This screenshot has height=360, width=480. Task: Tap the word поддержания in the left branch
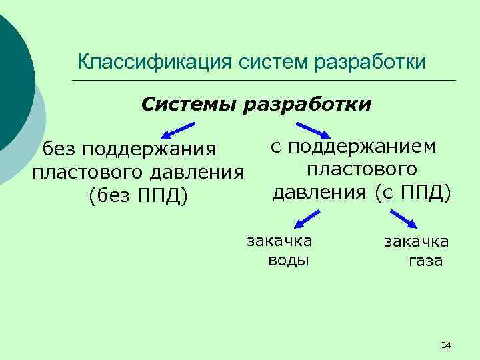coord(150,147)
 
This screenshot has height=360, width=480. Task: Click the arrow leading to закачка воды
coord(307,219)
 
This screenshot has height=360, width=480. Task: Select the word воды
coord(288,259)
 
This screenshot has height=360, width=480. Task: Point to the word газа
coord(425,261)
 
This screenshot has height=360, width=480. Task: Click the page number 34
coord(446,345)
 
